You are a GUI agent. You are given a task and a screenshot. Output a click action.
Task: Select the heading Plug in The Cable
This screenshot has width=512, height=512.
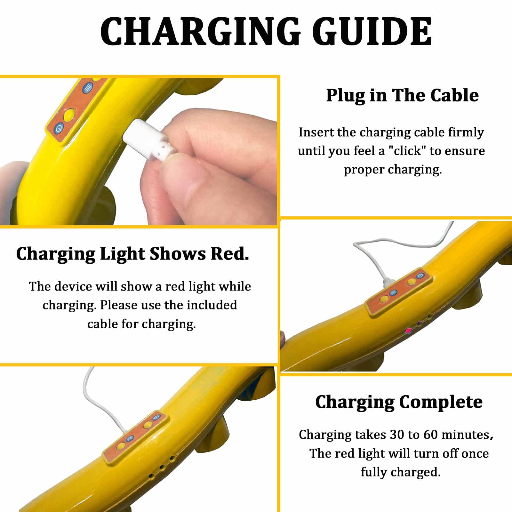click(402, 95)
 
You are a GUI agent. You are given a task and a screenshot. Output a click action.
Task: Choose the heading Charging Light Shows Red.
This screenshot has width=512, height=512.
click(132, 254)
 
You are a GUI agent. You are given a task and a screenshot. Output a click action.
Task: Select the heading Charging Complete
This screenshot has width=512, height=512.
click(399, 402)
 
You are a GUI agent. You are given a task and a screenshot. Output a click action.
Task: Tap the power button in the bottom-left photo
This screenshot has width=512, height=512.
click(156, 417)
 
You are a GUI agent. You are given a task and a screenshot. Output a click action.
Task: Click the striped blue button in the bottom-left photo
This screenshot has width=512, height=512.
click(130, 439)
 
